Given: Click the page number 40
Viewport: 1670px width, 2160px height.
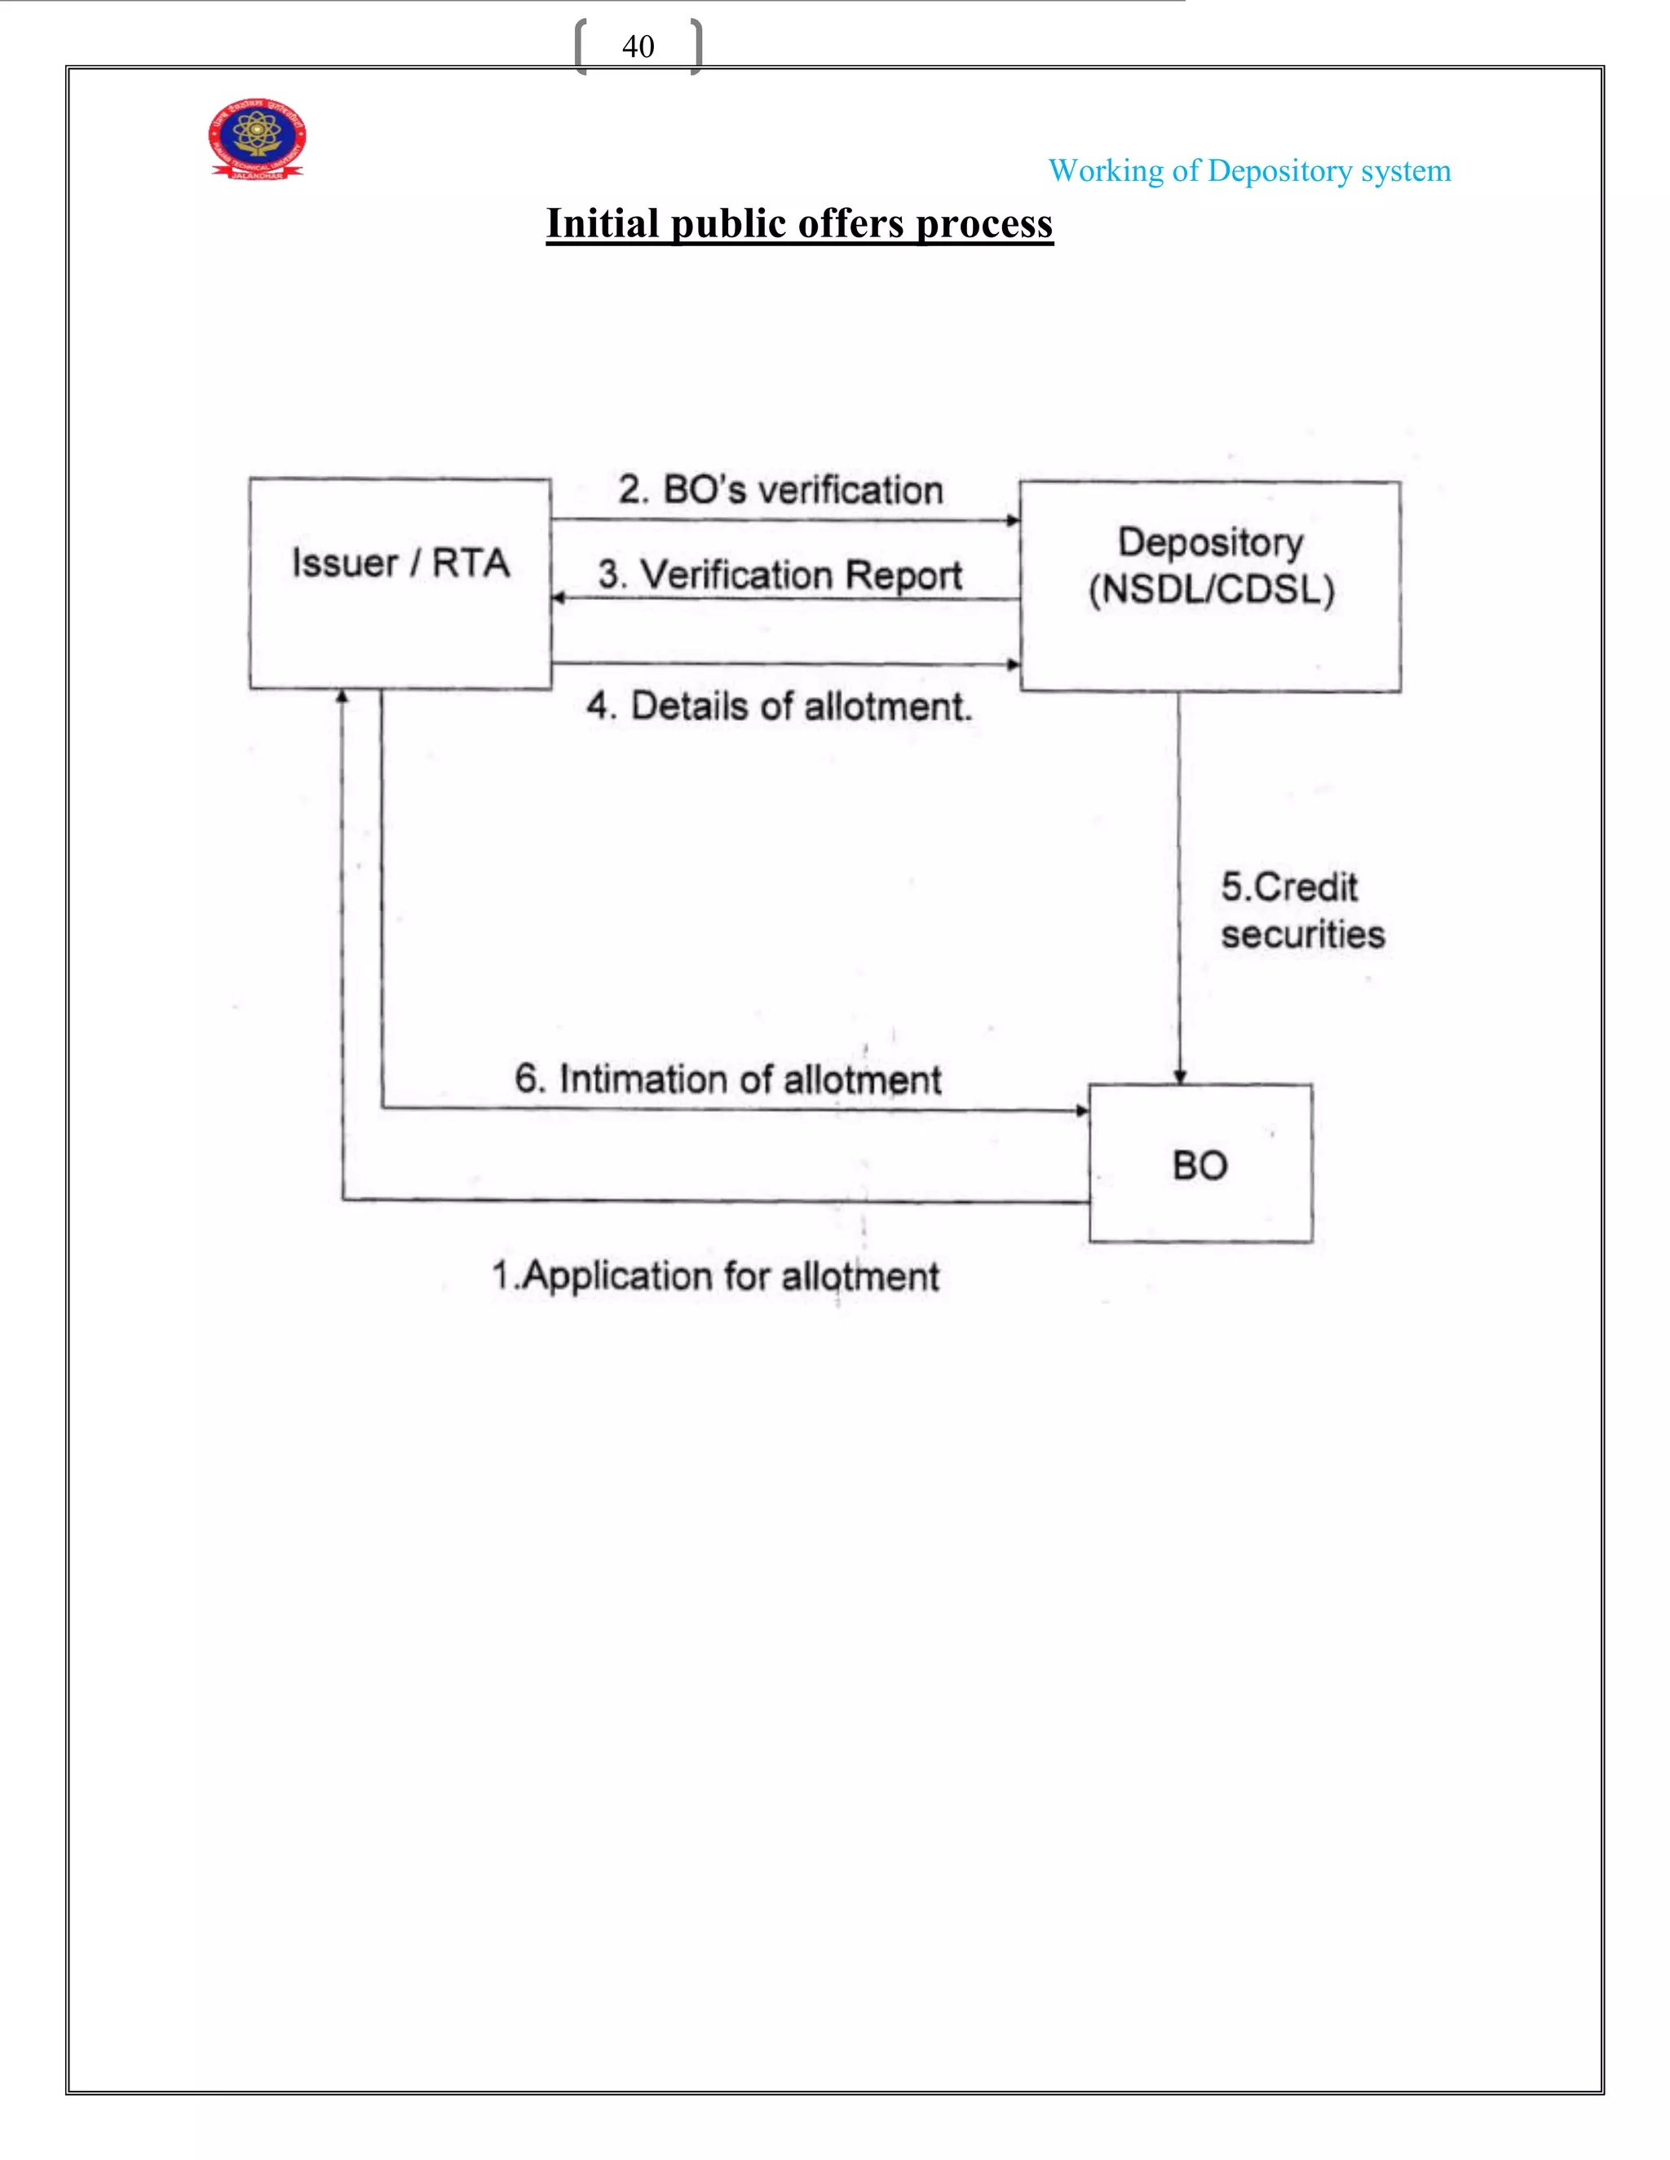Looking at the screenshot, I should click(638, 46).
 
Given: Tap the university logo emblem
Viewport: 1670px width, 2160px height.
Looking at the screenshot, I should click(257, 138).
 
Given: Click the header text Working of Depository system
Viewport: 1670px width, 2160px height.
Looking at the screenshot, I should click(1248, 171).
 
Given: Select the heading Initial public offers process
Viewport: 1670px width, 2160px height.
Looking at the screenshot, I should click(799, 223).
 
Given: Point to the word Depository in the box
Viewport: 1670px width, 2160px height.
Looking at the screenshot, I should click(1210, 542).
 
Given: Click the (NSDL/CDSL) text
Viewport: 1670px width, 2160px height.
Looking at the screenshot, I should click(1211, 589).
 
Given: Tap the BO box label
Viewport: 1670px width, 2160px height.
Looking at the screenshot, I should click(1200, 1165).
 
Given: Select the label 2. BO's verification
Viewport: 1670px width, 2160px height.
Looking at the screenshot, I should click(780, 490).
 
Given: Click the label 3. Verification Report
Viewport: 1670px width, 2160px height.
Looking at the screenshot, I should click(780, 575).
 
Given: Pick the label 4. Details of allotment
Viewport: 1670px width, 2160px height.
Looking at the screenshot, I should click(780, 706).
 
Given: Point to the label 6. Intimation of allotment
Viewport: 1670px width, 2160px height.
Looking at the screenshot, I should click(727, 1079).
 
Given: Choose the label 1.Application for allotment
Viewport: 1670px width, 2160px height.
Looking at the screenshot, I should click(715, 1276).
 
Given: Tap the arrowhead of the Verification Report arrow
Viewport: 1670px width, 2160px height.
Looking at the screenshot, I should click(559, 597).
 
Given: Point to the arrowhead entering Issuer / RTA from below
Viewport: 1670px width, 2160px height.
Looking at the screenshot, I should click(342, 696).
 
